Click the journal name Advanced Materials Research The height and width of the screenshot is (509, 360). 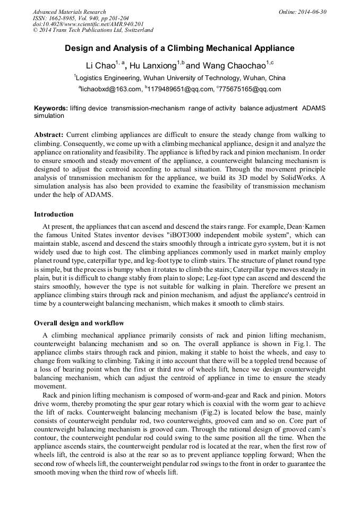(x=69, y=12)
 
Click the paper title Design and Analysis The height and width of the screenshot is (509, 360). (x=179, y=48)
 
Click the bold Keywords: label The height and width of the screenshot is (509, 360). (x=51, y=108)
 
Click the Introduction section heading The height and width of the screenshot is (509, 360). (x=54, y=214)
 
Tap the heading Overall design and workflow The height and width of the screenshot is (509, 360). (x=79, y=323)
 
